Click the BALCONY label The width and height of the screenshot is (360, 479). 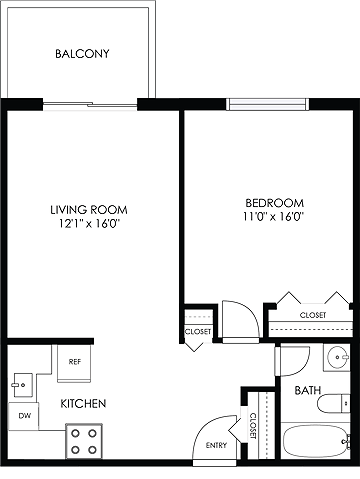tap(82, 54)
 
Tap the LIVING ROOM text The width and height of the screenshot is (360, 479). tap(89, 210)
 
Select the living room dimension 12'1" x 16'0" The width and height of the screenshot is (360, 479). tap(89, 224)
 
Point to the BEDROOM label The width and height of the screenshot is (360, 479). tap(274, 203)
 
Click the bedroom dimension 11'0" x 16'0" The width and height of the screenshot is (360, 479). tap(274, 217)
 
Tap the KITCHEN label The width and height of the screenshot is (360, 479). tap(83, 403)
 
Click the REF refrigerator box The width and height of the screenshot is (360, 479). tap(74, 363)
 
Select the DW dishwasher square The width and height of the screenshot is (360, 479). tap(23, 416)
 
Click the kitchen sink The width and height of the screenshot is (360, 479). tap(23, 385)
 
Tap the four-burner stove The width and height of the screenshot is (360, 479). tap(84, 442)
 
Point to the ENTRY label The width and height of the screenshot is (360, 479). tap(216, 445)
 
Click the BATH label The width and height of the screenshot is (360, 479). tap(308, 390)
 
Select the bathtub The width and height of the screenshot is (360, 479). tap(316, 441)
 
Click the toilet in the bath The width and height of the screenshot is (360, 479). tap(333, 404)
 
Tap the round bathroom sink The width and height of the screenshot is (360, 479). tap(337, 357)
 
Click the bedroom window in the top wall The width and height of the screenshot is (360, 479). tap(268, 104)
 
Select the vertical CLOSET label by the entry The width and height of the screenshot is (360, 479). tap(253, 426)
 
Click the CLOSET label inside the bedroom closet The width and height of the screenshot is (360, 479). tap(313, 315)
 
